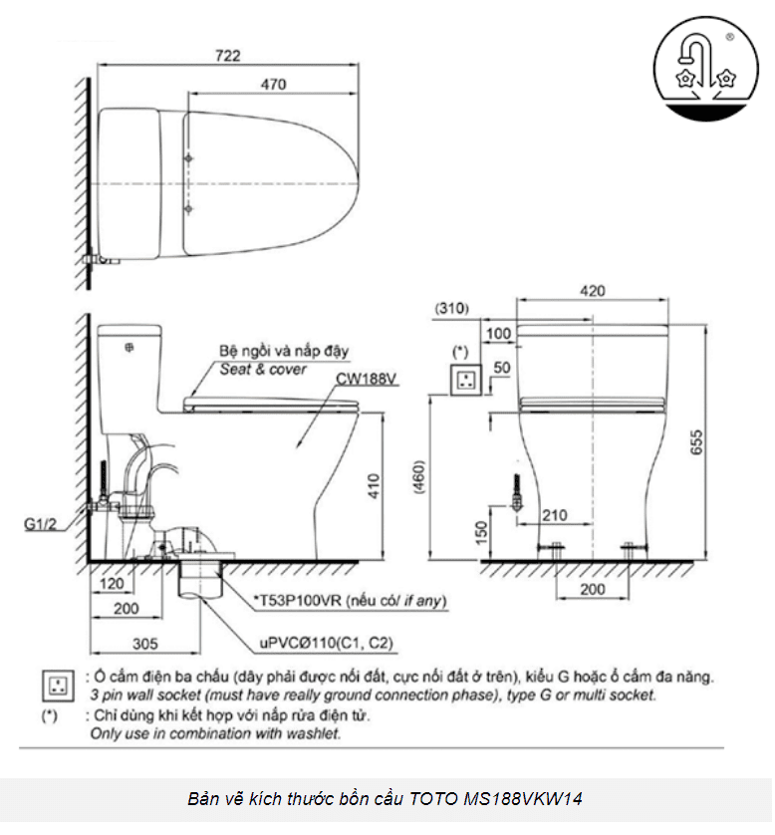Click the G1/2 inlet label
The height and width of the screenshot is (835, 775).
click(x=41, y=521)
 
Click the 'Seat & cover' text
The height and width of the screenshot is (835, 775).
click(x=264, y=369)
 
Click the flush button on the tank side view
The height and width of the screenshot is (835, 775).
click(x=128, y=349)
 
